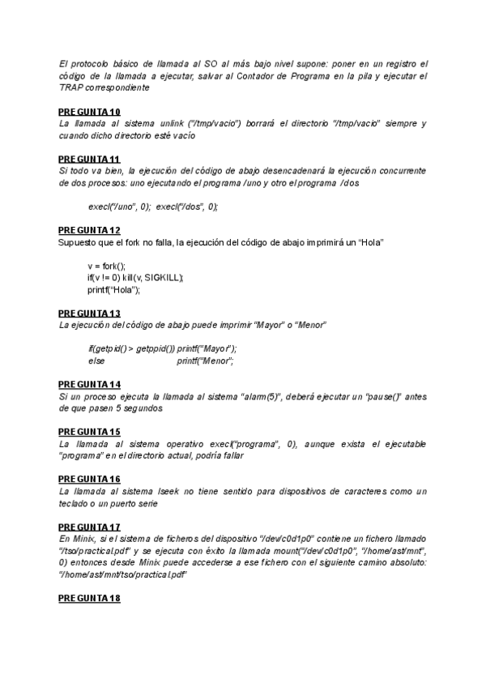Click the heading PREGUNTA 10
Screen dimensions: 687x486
point(89,111)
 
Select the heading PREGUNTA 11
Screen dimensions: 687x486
point(89,159)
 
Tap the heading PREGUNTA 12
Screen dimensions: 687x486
point(89,230)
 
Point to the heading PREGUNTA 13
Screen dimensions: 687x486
point(89,313)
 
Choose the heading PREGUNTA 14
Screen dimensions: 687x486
point(89,383)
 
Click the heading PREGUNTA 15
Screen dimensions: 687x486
point(89,431)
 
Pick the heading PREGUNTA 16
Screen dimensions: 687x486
point(89,479)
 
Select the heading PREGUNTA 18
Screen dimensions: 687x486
point(89,598)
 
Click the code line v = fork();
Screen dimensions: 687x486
point(107,266)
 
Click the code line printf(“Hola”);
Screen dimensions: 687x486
point(114,289)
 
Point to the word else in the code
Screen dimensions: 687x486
point(97,361)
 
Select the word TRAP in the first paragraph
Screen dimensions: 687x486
point(71,87)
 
